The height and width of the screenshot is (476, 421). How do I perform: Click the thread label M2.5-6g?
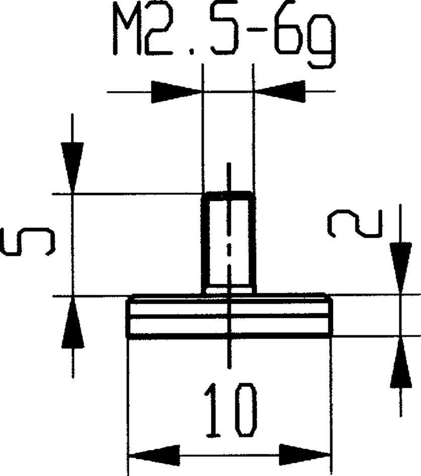[x=224, y=35]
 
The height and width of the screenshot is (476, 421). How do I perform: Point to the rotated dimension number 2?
[x=355, y=224]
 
